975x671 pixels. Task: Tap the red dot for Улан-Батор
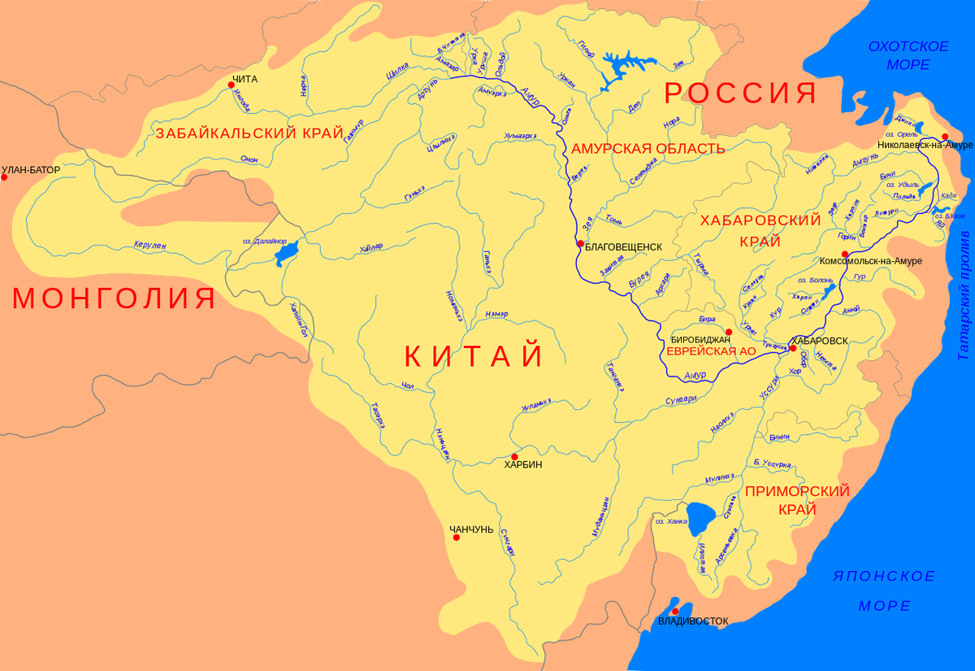tap(4, 176)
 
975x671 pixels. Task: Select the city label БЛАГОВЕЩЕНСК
tap(624, 246)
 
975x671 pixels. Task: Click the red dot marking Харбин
tap(514, 456)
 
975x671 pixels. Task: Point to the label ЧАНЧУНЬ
tap(471, 529)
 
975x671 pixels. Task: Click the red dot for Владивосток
tap(674, 610)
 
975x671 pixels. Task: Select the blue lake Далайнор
tap(287, 253)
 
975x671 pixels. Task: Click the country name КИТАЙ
tap(474, 356)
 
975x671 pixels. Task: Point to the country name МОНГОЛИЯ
tap(115, 298)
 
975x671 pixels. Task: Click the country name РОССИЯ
tap(740, 93)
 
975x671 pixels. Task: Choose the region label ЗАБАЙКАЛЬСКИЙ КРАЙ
tap(249, 133)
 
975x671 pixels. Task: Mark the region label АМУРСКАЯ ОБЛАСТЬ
tap(648, 148)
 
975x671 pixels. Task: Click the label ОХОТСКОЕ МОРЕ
tap(908, 55)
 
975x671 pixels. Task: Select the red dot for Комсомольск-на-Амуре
tap(845, 255)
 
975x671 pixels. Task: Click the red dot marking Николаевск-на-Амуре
tap(944, 136)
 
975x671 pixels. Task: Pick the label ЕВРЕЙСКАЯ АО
tap(711, 351)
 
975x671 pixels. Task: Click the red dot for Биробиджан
tap(729, 332)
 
